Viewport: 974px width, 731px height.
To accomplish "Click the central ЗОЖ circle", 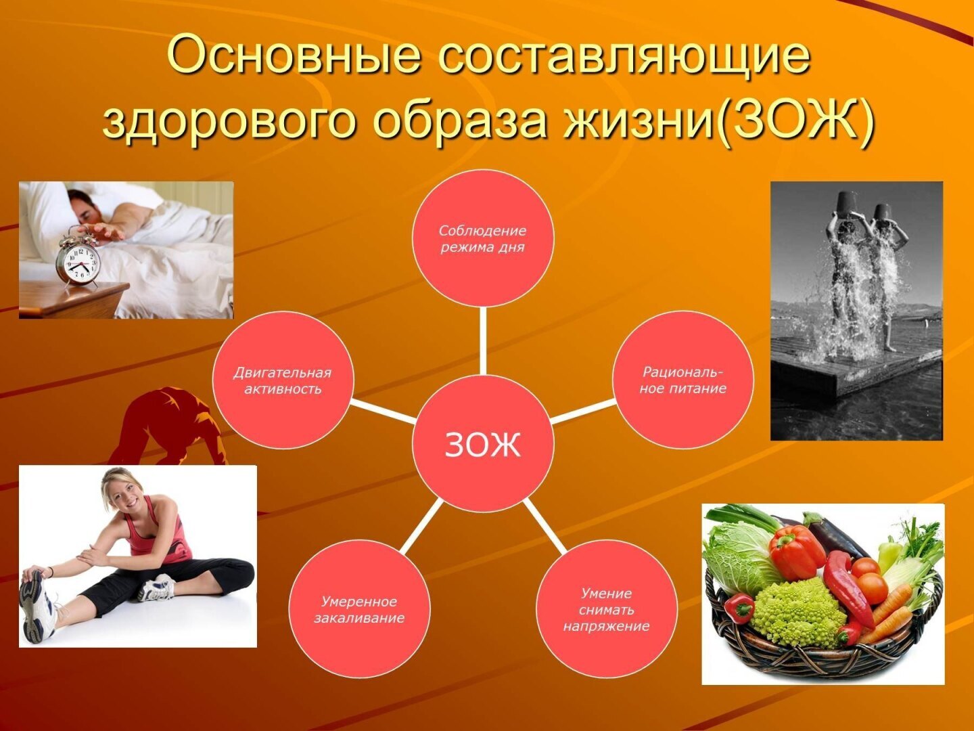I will pos(483,443).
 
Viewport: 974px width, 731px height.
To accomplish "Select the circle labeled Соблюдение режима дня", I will pos(483,238).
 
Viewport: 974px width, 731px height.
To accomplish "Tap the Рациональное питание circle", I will pos(682,380).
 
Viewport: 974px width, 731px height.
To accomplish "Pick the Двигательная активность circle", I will pos(283,380).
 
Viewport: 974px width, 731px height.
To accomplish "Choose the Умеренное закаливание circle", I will pos(359,608).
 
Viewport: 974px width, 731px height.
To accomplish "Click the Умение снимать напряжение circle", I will pos(606,608).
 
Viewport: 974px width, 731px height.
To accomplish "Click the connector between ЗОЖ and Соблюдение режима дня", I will pos(483,340).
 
